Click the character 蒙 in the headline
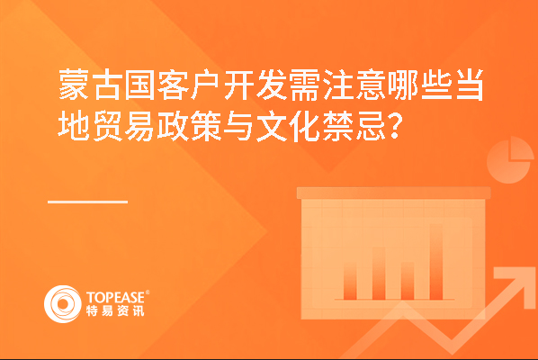(74, 85)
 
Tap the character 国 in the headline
(139, 85)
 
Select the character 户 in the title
(205, 85)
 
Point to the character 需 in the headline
(304, 85)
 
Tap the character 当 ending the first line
(469, 85)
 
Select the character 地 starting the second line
(74, 125)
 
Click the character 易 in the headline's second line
(139, 125)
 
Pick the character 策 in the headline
(205, 125)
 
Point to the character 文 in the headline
(271, 125)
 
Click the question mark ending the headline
(395, 126)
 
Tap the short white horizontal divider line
(88, 202)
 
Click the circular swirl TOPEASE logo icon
(63, 304)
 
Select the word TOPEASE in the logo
(116, 298)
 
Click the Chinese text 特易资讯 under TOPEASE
(115, 310)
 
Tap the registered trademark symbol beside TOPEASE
(148, 292)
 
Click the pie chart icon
(510, 160)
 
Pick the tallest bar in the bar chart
(436, 262)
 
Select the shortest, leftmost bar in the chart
(350, 283)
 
